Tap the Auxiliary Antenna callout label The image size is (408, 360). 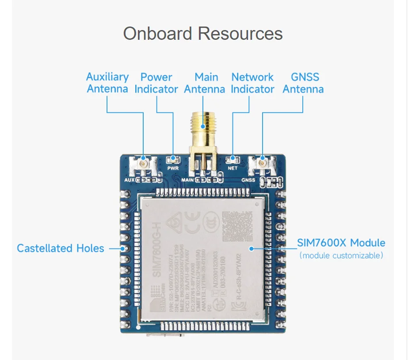[107, 83]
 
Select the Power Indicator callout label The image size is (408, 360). [156, 83]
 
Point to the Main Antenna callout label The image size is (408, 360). [204, 83]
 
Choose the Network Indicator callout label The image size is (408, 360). [252, 83]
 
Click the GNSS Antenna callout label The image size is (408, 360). [303, 83]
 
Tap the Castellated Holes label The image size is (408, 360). [61, 248]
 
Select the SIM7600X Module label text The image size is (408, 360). [341, 243]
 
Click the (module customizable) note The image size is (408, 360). [341, 256]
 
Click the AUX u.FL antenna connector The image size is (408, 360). [144, 164]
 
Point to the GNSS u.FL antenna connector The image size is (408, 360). [263, 164]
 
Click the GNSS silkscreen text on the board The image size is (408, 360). [248, 180]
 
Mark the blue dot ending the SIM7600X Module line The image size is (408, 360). [251, 249]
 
